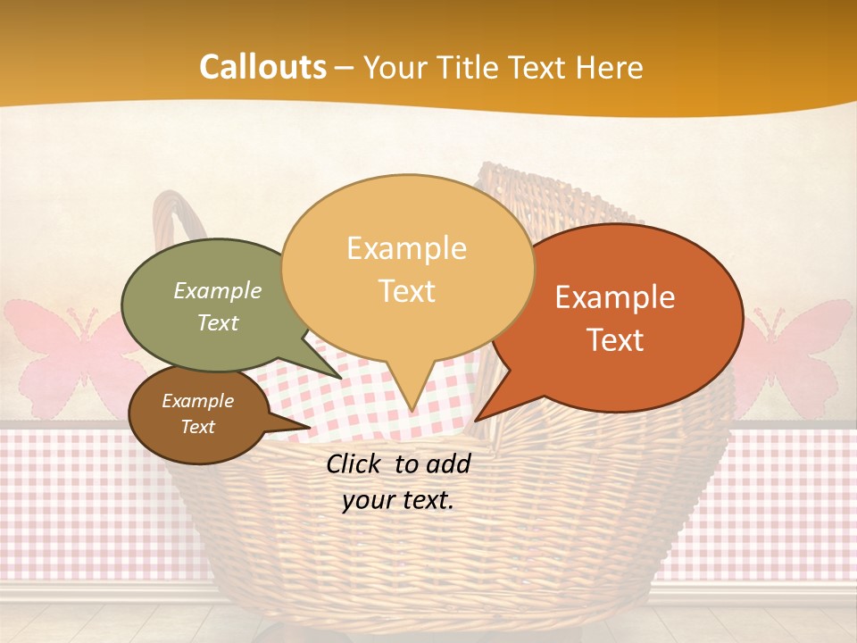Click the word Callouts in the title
coord(262,67)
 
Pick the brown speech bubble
coord(196,414)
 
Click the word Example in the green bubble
coord(218,291)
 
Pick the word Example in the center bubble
coord(407,248)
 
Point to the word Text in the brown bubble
coord(198,427)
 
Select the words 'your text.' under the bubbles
coord(397,500)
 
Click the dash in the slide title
coord(345,68)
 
